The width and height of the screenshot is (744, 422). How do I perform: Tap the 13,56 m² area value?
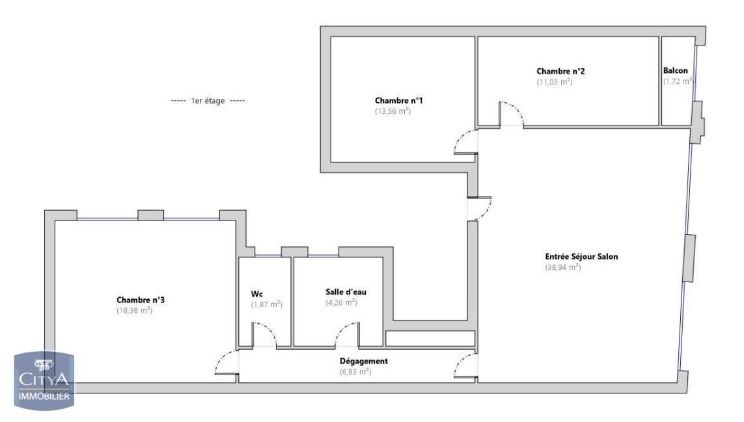click(x=393, y=111)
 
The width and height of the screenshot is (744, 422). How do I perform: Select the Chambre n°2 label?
click(x=556, y=71)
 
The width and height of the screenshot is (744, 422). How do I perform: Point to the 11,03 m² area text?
click(x=555, y=82)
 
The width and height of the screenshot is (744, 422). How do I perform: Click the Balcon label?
click(x=676, y=71)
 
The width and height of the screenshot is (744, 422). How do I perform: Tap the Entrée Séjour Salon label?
click(x=581, y=256)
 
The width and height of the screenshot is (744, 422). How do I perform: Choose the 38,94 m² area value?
click(x=562, y=267)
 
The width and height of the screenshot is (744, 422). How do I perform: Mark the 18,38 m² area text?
click(x=135, y=311)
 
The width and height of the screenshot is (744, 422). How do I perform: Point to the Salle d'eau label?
click(x=346, y=292)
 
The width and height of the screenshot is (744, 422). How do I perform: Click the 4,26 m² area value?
click(x=341, y=302)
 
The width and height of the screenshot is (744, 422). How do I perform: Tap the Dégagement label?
click(x=364, y=361)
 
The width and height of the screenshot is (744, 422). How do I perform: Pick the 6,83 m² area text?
click(x=355, y=372)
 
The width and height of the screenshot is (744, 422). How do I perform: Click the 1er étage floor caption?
click(x=208, y=101)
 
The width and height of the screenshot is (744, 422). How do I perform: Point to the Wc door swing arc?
click(x=265, y=335)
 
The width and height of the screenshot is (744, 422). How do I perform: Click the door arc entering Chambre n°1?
click(x=464, y=141)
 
